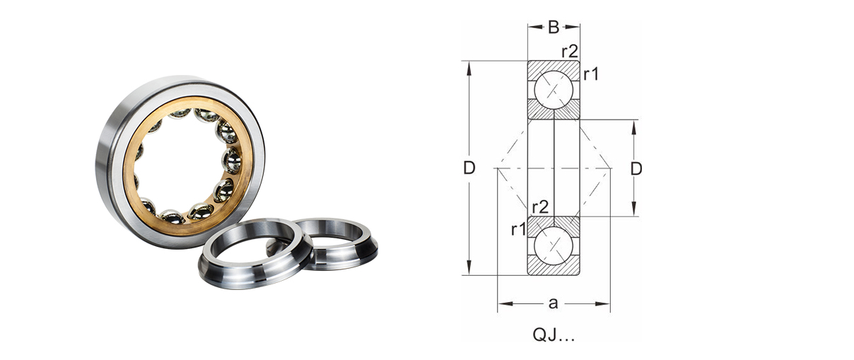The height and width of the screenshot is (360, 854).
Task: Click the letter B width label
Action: click(554, 27)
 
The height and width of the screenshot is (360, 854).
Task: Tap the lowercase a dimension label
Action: click(554, 303)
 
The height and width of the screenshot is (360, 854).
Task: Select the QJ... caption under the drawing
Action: click(554, 335)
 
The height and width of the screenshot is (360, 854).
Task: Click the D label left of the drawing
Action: click(469, 168)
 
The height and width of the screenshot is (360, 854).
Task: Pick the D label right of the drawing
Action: click(636, 168)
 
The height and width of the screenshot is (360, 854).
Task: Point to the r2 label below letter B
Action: click(570, 52)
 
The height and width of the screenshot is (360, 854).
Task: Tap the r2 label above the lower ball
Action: click(540, 207)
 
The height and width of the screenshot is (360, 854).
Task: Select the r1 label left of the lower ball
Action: click(518, 230)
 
